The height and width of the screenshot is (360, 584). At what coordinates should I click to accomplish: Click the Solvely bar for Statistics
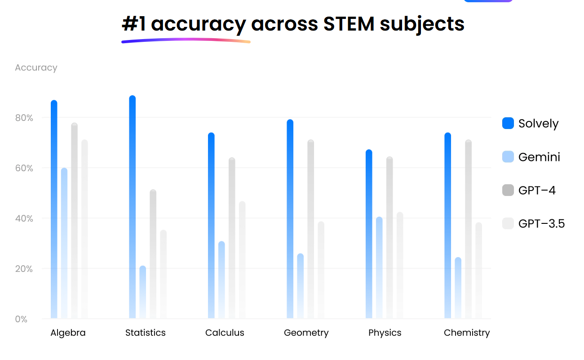(133, 207)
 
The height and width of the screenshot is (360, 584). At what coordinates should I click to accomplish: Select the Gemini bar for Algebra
(64, 243)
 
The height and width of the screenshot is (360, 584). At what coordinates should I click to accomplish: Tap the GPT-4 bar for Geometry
(311, 229)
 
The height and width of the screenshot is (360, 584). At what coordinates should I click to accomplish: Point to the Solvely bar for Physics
(369, 234)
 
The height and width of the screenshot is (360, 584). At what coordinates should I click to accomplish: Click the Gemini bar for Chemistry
(458, 288)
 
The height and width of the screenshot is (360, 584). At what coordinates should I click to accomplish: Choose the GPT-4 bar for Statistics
(153, 254)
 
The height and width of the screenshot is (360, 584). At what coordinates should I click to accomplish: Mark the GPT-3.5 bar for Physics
(400, 265)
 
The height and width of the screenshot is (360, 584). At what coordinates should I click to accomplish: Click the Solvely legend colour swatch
(508, 123)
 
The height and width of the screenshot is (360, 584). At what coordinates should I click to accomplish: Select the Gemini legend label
(539, 157)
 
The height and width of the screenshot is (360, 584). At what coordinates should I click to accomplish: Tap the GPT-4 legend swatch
(508, 190)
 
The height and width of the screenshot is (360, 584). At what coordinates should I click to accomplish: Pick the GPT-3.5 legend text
(541, 223)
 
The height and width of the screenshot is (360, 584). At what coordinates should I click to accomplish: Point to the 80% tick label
(25, 118)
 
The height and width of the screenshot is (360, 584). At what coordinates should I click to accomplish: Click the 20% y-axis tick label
(25, 269)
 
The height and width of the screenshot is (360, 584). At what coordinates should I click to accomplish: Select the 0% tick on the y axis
(22, 319)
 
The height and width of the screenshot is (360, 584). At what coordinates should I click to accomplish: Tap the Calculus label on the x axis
(225, 333)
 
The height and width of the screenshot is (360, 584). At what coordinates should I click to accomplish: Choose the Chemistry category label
(467, 333)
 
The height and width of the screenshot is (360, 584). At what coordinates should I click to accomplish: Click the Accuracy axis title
(36, 68)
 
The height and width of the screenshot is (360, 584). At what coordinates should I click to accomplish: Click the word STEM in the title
(349, 24)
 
